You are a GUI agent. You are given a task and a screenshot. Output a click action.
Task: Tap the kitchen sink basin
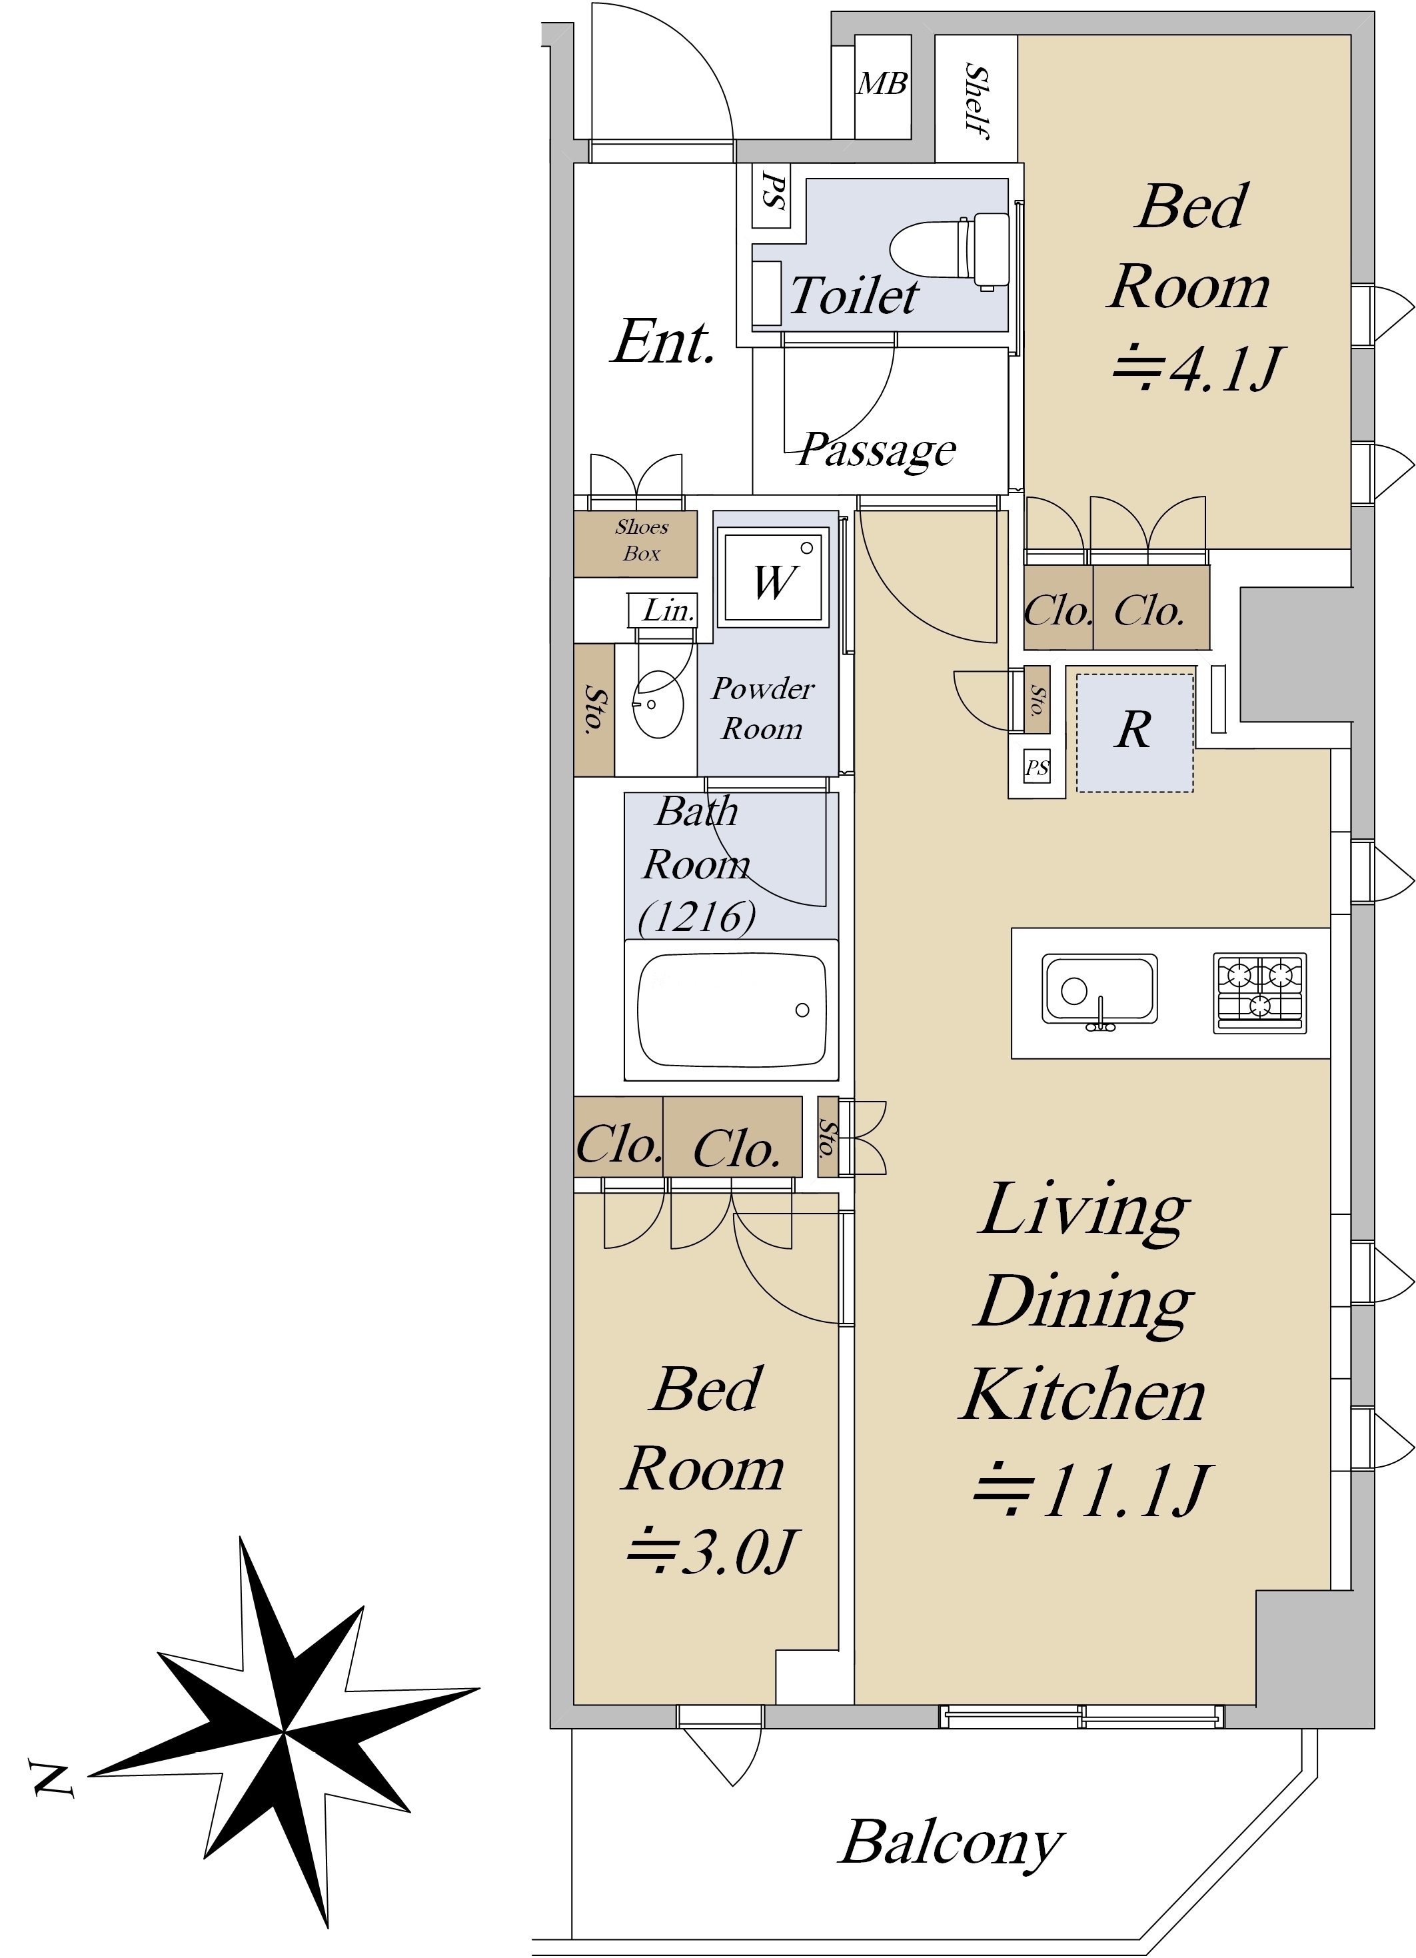click(x=1099, y=988)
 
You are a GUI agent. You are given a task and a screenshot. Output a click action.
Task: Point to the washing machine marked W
click(x=774, y=576)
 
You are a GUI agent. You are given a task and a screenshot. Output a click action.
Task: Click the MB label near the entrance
click(x=882, y=84)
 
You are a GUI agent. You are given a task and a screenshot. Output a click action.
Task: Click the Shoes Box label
click(x=642, y=540)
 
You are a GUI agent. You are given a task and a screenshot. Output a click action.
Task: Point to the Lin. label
click(x=668, y=610)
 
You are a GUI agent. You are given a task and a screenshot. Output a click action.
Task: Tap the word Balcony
click(x=951, y=1841)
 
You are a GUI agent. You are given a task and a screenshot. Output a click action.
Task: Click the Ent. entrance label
click(x=663, y=342)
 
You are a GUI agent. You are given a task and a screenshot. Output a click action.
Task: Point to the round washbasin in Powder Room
click(x=659, y=704)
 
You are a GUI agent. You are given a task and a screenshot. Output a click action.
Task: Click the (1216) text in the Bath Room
click(x=697, y=917)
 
